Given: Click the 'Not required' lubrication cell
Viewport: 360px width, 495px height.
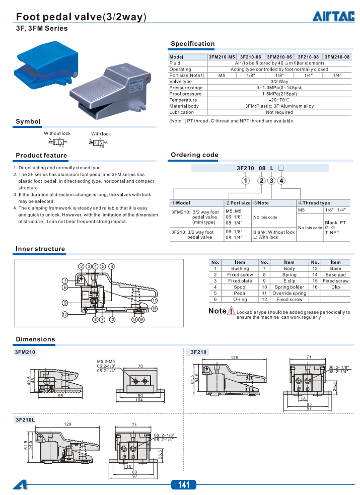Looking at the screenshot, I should tap(279, 112).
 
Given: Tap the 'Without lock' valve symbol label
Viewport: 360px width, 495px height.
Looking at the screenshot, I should tap(57, 133).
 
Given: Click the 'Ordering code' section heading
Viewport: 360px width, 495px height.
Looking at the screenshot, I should tap(194, 155).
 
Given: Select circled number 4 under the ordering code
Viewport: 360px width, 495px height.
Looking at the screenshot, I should tap(281, 180).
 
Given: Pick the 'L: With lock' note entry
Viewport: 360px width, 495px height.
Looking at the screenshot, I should tap(265, 237).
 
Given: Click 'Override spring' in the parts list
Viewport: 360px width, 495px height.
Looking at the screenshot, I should tap(289, 293).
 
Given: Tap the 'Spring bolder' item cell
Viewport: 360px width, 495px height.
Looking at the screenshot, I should tap(289, 287).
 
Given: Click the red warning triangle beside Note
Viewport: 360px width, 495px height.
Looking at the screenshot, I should tap(231, 311).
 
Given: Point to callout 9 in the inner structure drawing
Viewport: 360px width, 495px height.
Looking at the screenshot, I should tap(65, 303).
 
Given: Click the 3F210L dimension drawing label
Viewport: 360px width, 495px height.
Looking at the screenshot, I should tap(25, 419).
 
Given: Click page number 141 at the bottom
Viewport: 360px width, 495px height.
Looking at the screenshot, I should tap(184, 485).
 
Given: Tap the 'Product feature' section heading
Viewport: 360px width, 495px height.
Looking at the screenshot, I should tap(41, 155).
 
